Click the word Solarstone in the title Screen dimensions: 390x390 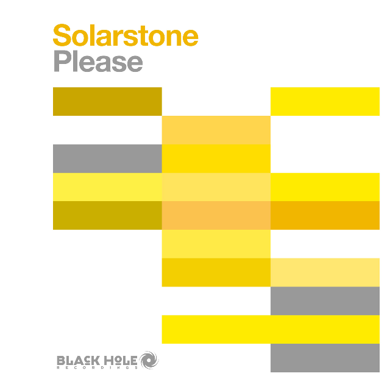tap(126, 36)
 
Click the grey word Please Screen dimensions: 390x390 tap(98, 62)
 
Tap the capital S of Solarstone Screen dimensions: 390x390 tap(62, 36)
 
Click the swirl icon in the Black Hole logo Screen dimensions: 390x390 tap(149, 360)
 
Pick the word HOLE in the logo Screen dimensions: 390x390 tap(121, 359)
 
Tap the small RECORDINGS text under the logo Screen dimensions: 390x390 tap(97, 367)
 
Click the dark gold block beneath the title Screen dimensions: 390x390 tap(107, 101)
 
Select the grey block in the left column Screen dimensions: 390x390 tap(107, 158)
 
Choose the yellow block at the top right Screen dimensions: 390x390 tap(325, 101)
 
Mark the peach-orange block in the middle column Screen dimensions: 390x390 tap(216, 215)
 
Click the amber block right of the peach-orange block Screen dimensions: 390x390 tap(325, 215)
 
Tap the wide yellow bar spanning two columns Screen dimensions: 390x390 tap(271, 329)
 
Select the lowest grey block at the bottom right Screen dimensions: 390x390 tap(325, 358)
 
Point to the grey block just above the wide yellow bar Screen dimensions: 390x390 tap(325, 300)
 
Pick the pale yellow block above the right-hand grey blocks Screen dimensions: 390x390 tap(325, 272)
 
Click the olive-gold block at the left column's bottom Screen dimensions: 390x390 tap(107, 215)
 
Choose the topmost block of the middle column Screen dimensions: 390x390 tap(216, 130)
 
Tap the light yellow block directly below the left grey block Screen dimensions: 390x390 tap(107, 186)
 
